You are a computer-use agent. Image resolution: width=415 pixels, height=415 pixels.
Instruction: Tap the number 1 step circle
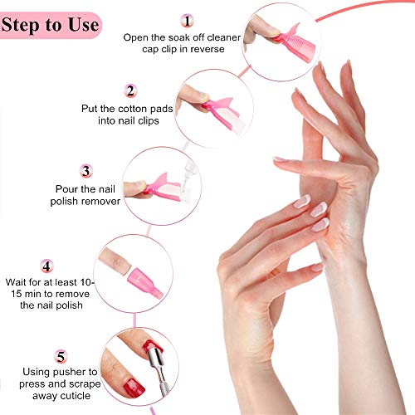188,19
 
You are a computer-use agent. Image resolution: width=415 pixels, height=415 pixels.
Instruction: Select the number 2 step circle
131,90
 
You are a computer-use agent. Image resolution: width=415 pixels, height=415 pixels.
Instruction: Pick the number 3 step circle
86,171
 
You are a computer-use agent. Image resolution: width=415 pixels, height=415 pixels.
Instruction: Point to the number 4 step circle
47,267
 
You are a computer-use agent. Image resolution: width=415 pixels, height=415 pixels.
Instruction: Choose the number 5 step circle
60,357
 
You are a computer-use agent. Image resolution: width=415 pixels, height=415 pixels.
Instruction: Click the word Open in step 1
136,37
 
